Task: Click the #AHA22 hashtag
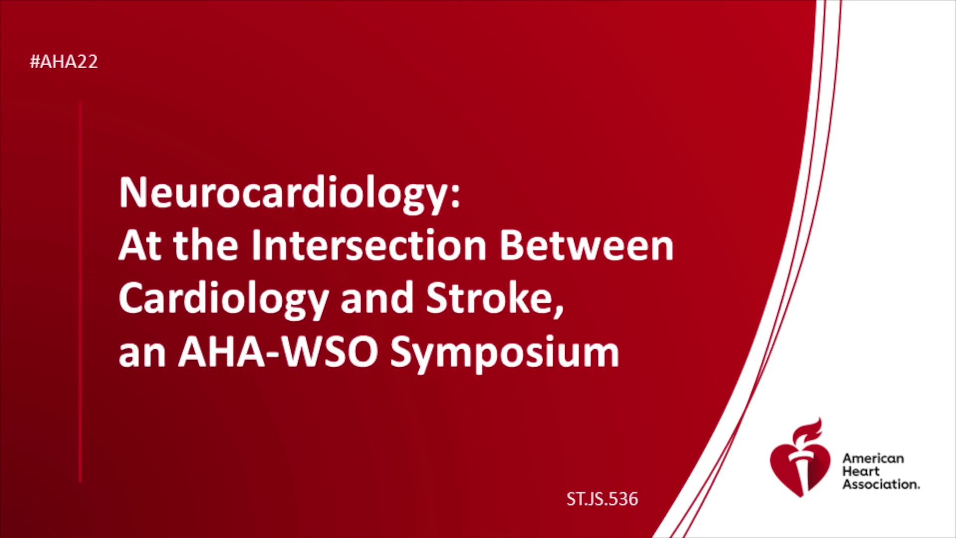(64, 62)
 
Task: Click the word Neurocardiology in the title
(284, 194)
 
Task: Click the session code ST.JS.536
(602, 499)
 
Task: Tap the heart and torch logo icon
(800, 458)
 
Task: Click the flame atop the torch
(807, 431)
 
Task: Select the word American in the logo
(873, 458)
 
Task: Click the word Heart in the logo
(861, 471)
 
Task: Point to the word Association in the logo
(881, 484)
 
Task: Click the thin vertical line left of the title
(80, 292)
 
